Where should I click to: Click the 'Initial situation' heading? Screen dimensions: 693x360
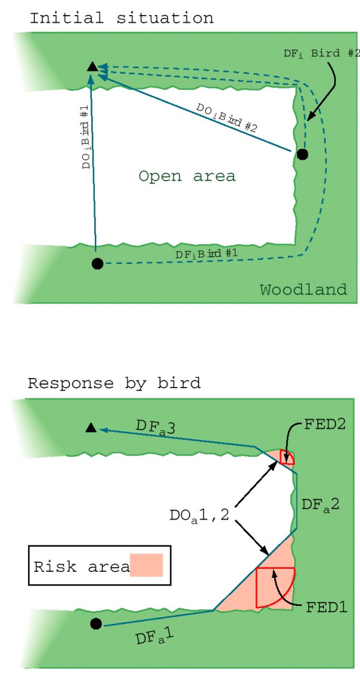[x=121, y=18]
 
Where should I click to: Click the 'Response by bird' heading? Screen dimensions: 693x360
[x=114, y=383]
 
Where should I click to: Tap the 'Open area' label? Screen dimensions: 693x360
[x=187, y=176]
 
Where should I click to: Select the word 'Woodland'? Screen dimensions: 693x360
[x=303, y=290]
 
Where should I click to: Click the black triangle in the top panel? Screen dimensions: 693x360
[x=92, y=67]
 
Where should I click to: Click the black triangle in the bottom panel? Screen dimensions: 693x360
[x=91, y=427]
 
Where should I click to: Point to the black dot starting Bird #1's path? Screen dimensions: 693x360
[x=97, y=263]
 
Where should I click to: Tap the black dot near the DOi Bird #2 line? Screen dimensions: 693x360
[x=302, y=154]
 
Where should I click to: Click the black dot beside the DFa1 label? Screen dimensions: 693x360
[x=96, y=624]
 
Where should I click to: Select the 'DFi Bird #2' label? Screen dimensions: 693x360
[x=321, y=53]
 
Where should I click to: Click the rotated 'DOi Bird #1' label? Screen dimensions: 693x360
[x=86, y=138]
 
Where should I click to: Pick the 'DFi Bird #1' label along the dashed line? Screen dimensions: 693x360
[x=206, y=254]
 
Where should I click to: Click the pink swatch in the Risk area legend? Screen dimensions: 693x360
[x=146, y=565]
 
